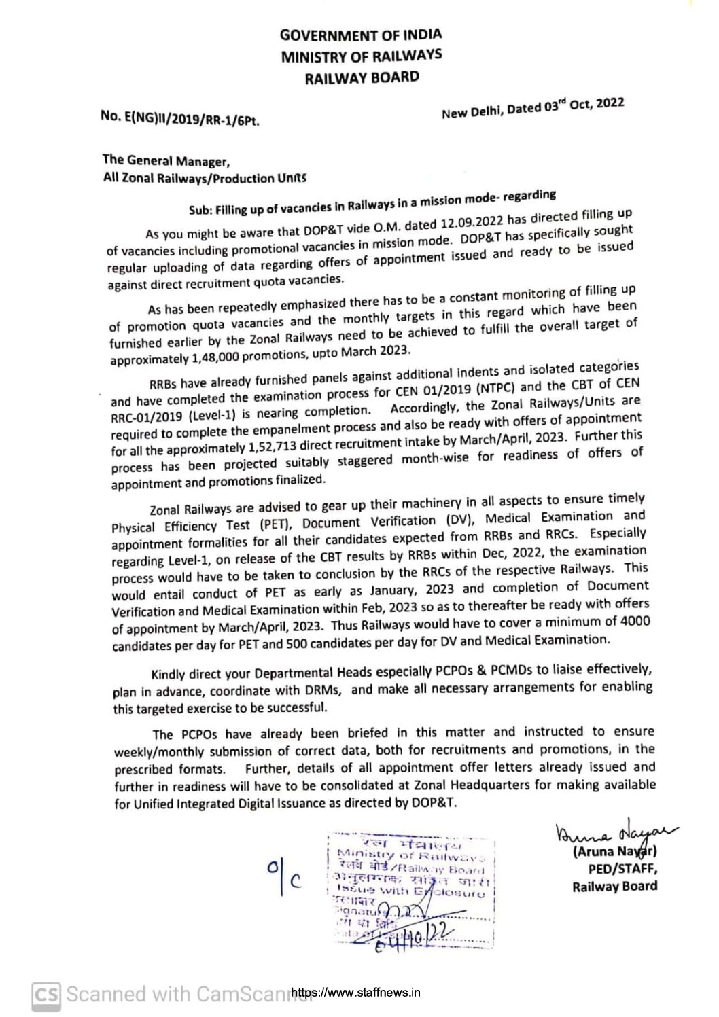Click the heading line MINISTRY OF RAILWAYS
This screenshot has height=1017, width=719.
coord(361,56)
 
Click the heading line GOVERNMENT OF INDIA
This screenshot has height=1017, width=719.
coord(361,35)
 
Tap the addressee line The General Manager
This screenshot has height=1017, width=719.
coord(166,161)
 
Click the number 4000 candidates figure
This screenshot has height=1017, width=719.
coord(633,621)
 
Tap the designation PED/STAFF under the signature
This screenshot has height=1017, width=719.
coord(622,869)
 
